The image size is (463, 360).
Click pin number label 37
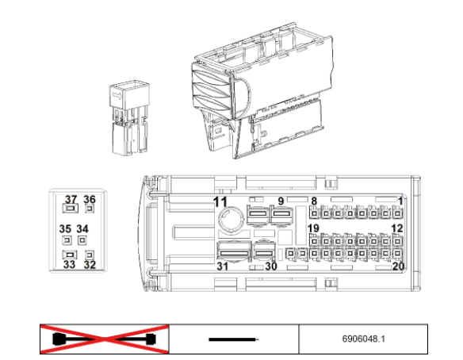point(71,199)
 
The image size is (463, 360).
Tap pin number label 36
point(90,199)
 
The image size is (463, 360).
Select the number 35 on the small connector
point(65,229)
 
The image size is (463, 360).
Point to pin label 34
point(82,229)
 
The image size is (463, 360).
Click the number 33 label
point(70,264)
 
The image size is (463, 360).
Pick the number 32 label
point(90,264)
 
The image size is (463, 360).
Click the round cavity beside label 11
point(230,219)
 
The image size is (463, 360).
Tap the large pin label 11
point(220,202)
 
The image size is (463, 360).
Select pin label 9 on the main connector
point(281,201)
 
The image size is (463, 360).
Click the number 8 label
point(314,201)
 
